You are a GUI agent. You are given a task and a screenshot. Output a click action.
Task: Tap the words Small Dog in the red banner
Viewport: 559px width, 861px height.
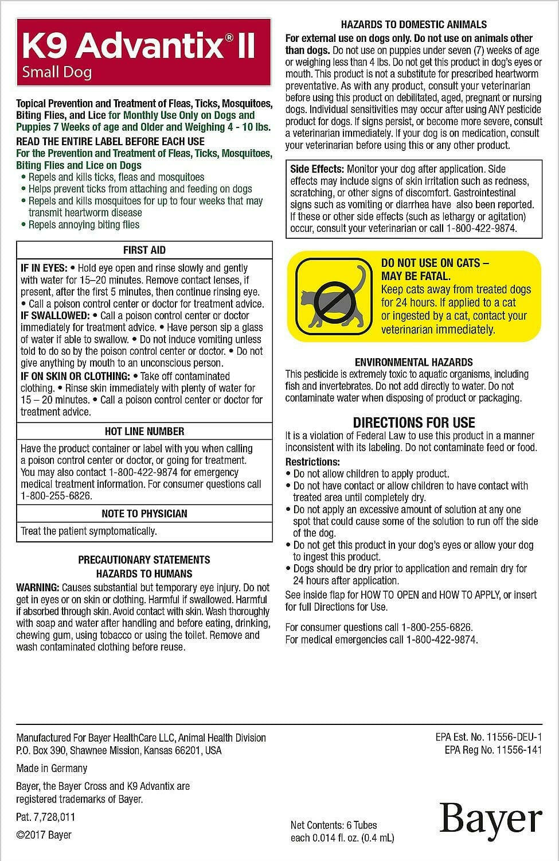coord(57,73)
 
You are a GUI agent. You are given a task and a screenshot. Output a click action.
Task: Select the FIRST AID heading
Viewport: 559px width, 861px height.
coord(144,250)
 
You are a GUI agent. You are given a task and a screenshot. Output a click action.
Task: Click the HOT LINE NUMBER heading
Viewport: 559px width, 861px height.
coord(144,431)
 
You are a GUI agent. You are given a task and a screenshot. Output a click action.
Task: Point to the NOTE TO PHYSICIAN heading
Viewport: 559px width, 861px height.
coord(144,514)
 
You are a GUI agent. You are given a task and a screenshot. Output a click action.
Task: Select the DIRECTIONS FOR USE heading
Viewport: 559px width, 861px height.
coord(413,422)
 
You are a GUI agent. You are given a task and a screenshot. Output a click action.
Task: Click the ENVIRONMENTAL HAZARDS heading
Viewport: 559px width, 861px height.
coord(413,362)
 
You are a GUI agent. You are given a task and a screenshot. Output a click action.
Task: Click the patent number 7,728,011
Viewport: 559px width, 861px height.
coord(45,817)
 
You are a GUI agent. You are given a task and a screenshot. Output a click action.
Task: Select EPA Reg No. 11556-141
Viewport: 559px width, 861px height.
coord(493,750)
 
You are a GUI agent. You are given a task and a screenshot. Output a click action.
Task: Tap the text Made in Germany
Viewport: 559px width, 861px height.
coord(52,769)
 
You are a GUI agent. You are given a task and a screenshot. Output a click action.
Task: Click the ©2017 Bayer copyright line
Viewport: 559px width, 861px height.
coord(44,835)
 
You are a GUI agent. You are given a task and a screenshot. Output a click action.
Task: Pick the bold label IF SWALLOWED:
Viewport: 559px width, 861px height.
coord(55,316)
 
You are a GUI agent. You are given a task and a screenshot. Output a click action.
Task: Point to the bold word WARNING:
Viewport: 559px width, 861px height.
coord(37,588)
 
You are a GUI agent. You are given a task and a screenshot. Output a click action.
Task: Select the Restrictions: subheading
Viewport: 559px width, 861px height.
coord(312,462)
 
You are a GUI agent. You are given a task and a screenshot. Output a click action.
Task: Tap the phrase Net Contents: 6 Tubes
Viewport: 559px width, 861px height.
coord(334,825)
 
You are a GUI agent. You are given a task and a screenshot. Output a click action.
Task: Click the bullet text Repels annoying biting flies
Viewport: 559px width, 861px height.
coord(84,225)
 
